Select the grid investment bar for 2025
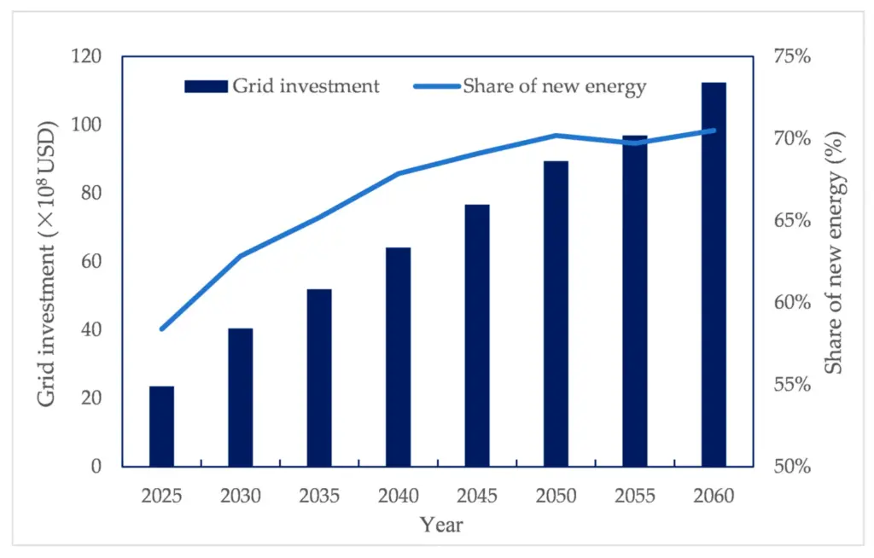pyautogui.click(x=161, y=427)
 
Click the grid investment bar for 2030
pyautogui.click(x=241, y=398)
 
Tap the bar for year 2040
pyautogui.click(x=398, y=357)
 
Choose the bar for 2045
pyautogui.click(x=477, y=336)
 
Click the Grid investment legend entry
pyautogui.click(x=282, y=86)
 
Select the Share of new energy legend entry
pyautogui.click(x=529, y=86)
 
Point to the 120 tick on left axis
pyautogui.click(x=86, y=57)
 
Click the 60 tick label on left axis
pyautogui.click(x=91, y=262)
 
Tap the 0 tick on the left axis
pyautogui.click(x=96, y=467)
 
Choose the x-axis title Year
pyautogui.click(x=441, y=525)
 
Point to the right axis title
pyautogui.click(x=834, y=253)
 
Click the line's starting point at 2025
pyautogui.click(x=161, y=328)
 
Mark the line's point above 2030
pyautogui.click(x=241, y=256)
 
